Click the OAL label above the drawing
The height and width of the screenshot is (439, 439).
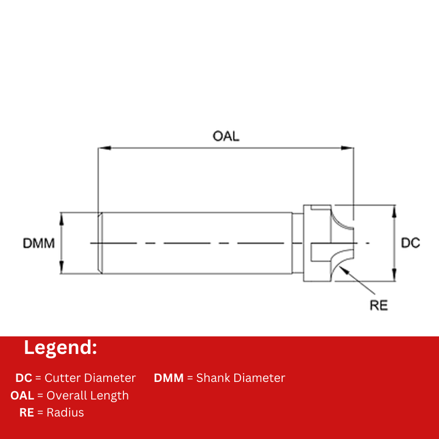coord(226,136)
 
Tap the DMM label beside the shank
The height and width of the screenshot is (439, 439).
coord(38,243)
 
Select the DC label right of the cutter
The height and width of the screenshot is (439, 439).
coord(410,243)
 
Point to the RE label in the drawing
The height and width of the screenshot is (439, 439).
coord(379,305)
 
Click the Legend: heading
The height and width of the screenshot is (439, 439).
coord(60,347)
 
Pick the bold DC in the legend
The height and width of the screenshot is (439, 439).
coord(24,378)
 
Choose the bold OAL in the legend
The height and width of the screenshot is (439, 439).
coord(22,396)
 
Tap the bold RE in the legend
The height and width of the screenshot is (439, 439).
coord(27,413)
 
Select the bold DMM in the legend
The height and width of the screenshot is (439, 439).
coord(168,378)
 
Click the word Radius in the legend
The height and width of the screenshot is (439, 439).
coord(65,413)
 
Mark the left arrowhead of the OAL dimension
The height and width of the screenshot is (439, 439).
coord(103,148)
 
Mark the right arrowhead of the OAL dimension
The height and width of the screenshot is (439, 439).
coord(347,148)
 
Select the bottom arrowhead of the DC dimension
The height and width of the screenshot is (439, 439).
coord(393,277)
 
